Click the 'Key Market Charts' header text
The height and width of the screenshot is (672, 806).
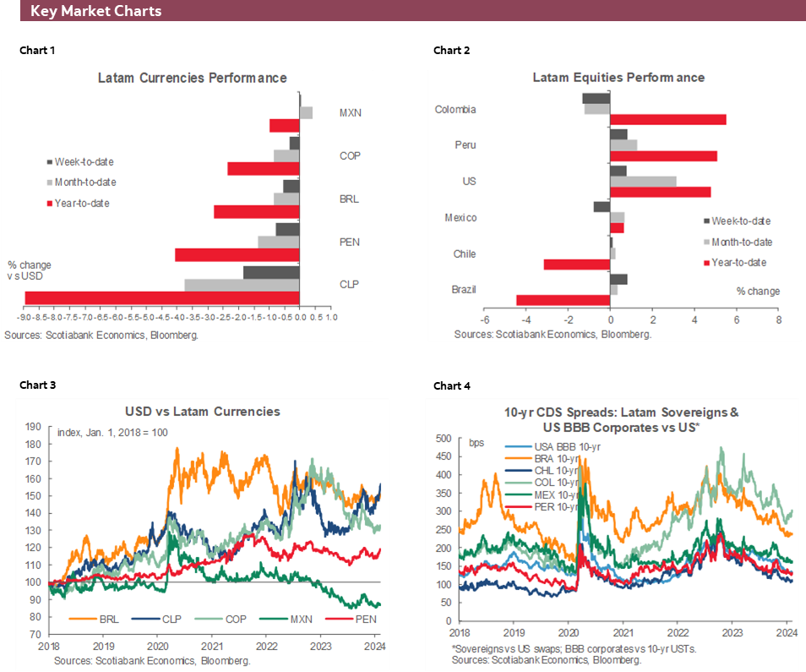click(x=95, y=12)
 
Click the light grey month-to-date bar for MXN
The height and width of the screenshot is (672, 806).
click(x=307, y=112)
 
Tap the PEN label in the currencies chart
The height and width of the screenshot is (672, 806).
click(x=349, y=242)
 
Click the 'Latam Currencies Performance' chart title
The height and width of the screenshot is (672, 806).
click(x=193, y=78)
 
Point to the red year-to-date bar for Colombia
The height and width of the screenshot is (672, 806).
click(x=668, y=119)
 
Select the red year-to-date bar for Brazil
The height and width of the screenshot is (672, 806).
click(x=563, y=300)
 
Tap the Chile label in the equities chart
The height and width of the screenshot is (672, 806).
click(x=464, y=254)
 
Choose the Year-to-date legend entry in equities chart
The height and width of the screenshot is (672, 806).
click(x=738, y=262)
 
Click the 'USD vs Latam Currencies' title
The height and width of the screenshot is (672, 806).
click(x=203, y=412)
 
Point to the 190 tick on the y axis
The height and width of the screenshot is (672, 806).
click(x=34, y=427)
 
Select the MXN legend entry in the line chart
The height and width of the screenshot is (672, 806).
click(x=300, y=619)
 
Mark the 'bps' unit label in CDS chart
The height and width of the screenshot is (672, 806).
click(x=477, y=442)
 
